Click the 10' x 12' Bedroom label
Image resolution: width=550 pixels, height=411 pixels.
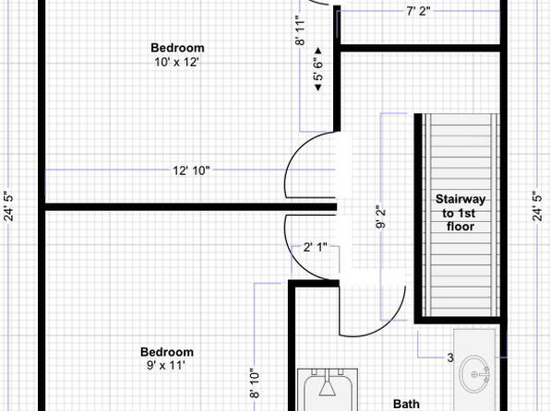pyautogui.click(x=177, y=55)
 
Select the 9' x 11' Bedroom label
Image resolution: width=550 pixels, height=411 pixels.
pyautogui.click(x=167, y=358)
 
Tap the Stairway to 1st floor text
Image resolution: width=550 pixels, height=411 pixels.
pyautogui.click(x=460, y=213)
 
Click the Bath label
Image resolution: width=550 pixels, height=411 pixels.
pyautogui.click(x=406, y=404)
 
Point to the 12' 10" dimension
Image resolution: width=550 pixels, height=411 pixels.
pyautogui.click(x=191, y=170)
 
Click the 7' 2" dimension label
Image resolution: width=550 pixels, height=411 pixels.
pyautogui.click(x=418, y=12)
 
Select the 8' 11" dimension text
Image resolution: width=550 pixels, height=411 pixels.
pyautogui.click(x=301, y=30)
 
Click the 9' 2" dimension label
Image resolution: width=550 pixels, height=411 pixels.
pyautogui.click(x=380, y=217)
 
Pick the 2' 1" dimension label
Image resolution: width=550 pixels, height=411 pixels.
pyautogui.click(x=315, y=247)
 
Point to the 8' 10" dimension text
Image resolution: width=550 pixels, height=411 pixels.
pyautogui.click(x=255, y=383)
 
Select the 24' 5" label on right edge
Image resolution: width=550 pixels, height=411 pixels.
pyautogui.click(x=538, y=206)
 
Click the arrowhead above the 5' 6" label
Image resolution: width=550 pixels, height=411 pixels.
pyautogui.click(x=318, y=51)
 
